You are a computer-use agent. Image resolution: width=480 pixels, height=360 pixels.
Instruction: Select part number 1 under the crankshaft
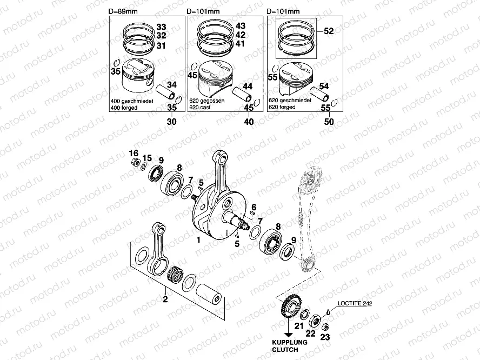pyautogui.click(x=198, y=239)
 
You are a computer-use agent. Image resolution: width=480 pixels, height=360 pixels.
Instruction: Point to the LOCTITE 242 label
pyautogui.click(x=354, y=304)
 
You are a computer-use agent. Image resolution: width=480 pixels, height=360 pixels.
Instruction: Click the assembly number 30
pyautogui.click(x=171, y=122)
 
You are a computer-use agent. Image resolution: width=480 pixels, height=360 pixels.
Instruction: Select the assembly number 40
pyautogui.click(x=249, y=122)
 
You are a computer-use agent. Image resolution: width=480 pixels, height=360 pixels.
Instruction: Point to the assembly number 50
pyautogui.click(x=329, y=122)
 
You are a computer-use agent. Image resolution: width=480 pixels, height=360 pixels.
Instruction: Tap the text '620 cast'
pyautogui.click(x=199, y=108)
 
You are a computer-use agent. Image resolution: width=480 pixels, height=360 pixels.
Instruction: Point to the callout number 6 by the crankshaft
pyautogui.click(x=253, y=207)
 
